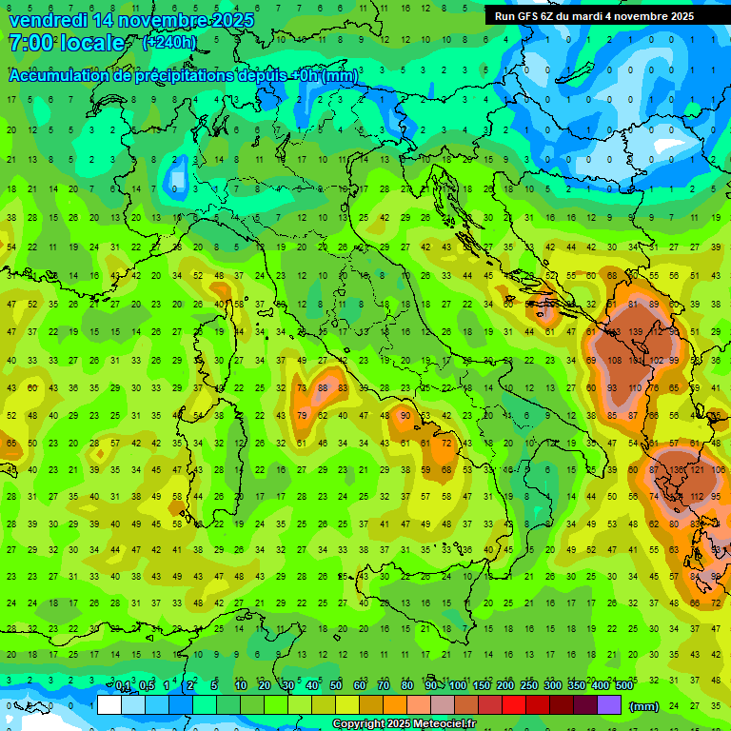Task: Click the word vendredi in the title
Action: point(49,20)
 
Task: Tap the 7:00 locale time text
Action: point(66,43)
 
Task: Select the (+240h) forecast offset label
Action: point(169,43)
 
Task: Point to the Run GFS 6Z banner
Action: point(594,16)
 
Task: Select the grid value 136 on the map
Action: point(679,470)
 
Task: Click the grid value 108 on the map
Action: point(616,361)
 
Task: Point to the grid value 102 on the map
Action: point(657,361)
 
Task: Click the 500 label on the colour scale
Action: point(623,686)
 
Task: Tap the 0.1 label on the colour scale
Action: point(123,686)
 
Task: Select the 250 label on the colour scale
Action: point(528,686)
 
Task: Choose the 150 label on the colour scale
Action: point(481,686)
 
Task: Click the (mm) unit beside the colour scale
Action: point(644,706)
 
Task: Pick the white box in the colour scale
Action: point(109,705)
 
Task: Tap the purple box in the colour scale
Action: point(609,705)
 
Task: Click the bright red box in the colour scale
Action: point(514,705)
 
